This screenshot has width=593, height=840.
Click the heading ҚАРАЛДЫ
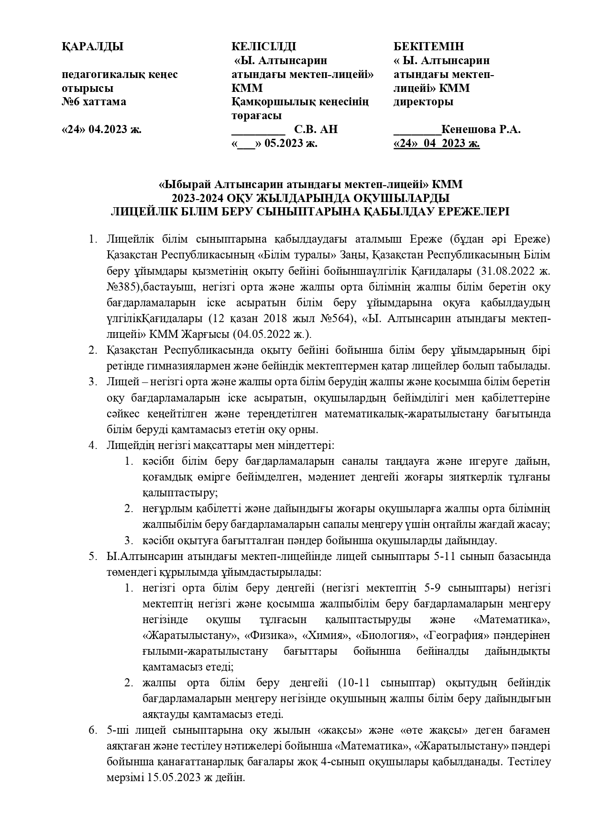pyautogui.click(x=92, y=46)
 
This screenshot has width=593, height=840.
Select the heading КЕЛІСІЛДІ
pyautogui.click(x=264, y=46)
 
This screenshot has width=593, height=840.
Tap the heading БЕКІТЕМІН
pyautogui.click(x=428, y=46)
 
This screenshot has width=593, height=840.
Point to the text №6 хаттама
pyautogui.click(x=94, y=102)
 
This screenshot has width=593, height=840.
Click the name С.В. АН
pyautogui.click(x=316, y=129)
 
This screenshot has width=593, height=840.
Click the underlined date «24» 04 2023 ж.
pyautogui.click(x=437, y=143)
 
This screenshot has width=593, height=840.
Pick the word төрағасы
pyautogui.click(x=256, y=116)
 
